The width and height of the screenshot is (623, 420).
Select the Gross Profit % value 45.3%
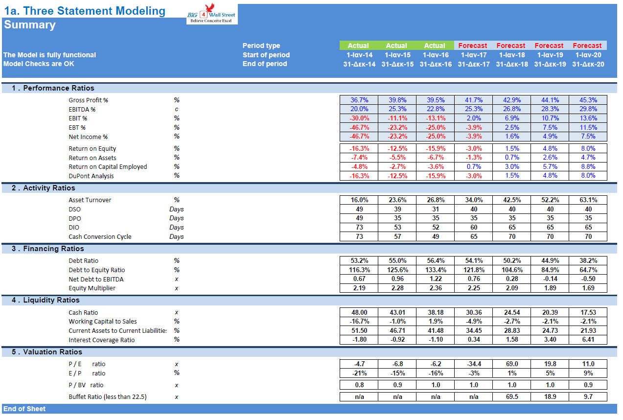click(587, 100)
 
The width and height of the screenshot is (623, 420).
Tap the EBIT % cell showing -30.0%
click(359, 118)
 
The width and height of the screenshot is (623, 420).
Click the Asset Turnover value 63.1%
click(587, 200)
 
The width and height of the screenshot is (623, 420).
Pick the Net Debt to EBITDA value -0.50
click(587, 279)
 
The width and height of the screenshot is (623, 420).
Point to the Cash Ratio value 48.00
click(359, 312)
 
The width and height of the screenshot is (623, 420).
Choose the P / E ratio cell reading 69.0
click(511, 364)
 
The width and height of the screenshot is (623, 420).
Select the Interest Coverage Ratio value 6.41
click(587, 340)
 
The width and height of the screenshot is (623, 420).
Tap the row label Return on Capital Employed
click(108, 167)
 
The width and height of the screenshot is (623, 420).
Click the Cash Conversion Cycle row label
click(100, 237)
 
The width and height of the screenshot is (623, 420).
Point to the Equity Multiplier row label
click(92, 288)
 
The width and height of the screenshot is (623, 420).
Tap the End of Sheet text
click(24, 409)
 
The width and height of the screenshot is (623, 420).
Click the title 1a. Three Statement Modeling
click(85, 11)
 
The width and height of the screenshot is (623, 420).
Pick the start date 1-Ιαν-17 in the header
click(473, 55)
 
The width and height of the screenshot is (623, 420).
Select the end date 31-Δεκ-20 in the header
click(587, 64)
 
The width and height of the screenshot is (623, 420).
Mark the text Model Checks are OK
click(39, 64)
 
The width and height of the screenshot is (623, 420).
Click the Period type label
click(261, 46)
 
